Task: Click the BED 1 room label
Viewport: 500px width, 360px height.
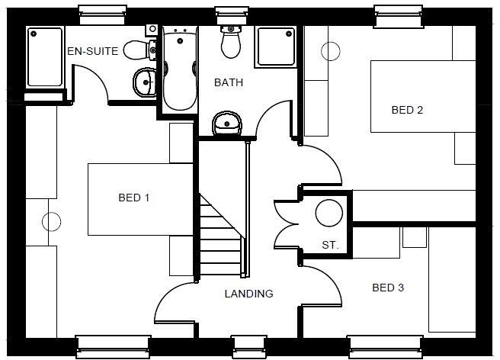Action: point(133,198)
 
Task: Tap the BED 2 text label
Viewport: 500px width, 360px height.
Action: point(407,110)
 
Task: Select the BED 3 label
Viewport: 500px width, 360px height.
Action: point(387,288)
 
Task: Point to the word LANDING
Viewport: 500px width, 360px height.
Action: point(248,294)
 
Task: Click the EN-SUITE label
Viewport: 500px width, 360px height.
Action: point(93,52)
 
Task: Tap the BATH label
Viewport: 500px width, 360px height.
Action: point(228,82)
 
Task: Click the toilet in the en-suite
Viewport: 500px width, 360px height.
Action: point(139,50)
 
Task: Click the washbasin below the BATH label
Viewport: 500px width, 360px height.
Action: point(226,123)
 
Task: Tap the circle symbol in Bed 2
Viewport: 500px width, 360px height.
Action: point(332,50)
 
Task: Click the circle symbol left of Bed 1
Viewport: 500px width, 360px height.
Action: point(50,222)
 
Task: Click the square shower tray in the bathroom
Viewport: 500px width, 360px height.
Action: point(275,47)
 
